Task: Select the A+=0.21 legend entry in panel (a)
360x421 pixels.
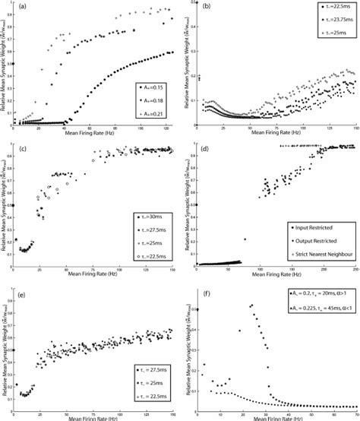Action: pos(154,112)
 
